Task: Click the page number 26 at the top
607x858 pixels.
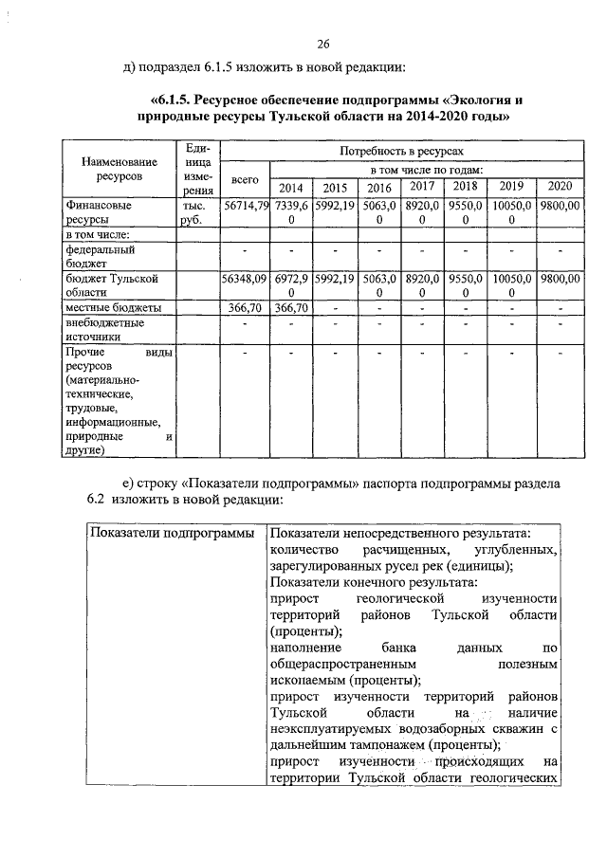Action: pyautogui.click(x=323, y=44)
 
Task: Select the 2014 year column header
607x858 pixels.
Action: pyautogui.click(x=291, y=187)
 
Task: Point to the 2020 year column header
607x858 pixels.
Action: pyautogui.click(x=559, y=186)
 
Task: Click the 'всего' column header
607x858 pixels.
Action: pyautogui.click(x=245, y=178)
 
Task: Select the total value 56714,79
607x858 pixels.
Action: pyautogui.click(x=245, y=205)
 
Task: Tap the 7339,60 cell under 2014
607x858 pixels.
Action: pyautogui.click(x=291, y=211)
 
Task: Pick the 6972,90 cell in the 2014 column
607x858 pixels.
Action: pyautogui.click(x=291, y=285)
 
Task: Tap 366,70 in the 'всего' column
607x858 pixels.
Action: pyautogui.click(x=245, y=308)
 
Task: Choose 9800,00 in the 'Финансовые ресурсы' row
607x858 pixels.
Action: pyautogui.click(x=559, y=205)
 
